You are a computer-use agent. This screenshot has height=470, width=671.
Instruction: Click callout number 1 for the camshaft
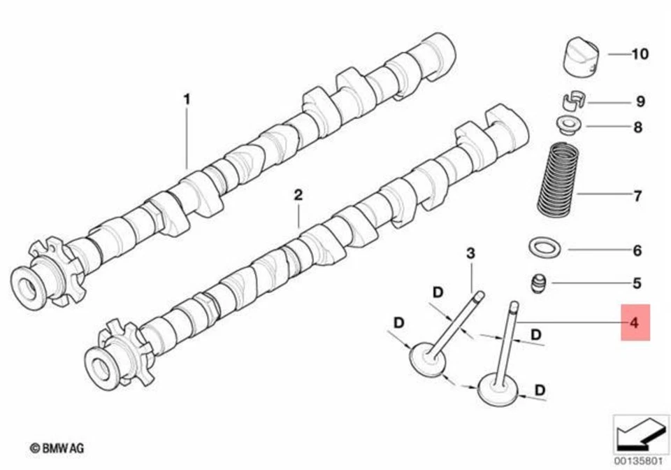pos(187,100)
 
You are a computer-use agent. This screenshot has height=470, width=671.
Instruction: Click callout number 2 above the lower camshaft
pos(298,195)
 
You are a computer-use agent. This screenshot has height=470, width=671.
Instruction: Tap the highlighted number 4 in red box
pos(635,322)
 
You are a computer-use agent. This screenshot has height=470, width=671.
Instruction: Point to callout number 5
pos(637,283)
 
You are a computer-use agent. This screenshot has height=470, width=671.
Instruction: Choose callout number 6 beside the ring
pos(637,250)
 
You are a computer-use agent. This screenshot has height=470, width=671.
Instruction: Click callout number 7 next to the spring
pos(637,197)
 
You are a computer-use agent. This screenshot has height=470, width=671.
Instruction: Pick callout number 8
pos(637,127)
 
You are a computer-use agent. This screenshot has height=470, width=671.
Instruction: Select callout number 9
pos(640,102)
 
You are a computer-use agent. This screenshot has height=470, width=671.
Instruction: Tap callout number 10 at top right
pos(640,54)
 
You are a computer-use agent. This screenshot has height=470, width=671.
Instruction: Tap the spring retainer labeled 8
pos(567,125)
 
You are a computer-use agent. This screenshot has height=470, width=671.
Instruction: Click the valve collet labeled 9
pos(572,101)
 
